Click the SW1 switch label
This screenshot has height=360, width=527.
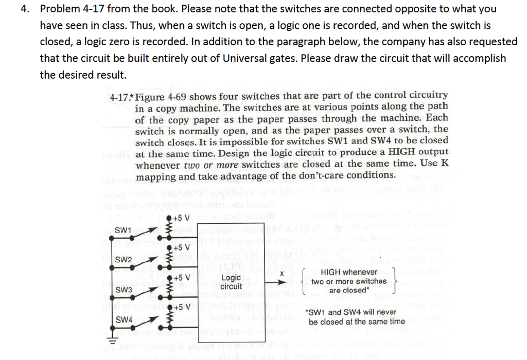click(123, 229)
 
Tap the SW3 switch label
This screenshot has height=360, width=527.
click(123, 290)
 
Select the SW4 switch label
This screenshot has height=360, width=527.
click(123, 320)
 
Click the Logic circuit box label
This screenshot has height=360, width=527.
click(231, 282)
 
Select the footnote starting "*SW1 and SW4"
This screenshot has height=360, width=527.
click(356, 317)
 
